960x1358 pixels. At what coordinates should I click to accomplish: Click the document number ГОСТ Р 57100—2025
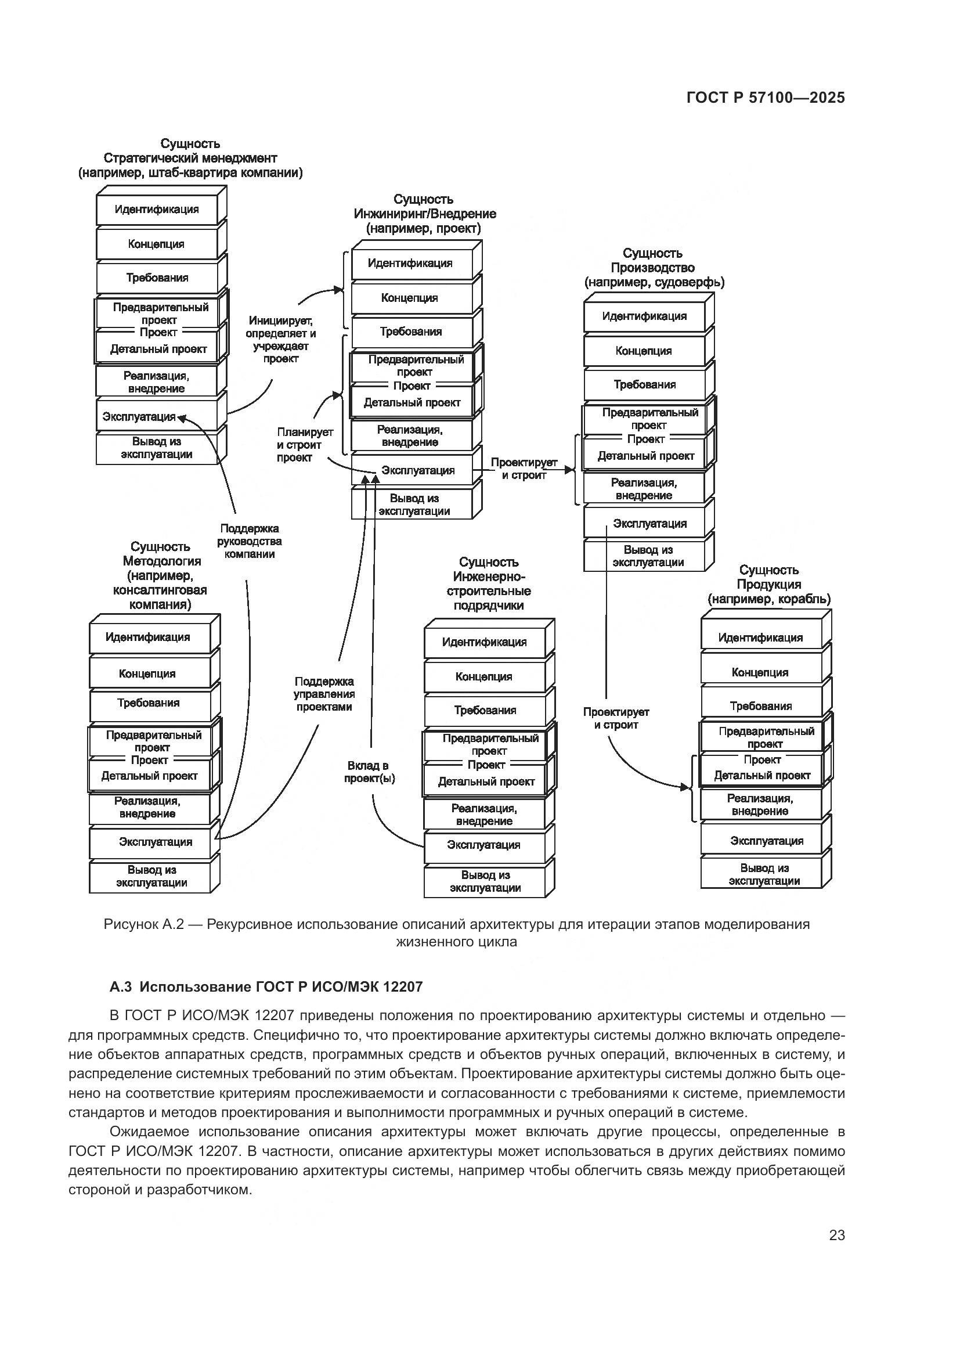coord(766,98)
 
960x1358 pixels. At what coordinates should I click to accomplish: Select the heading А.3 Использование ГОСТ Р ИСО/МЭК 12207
coord(266,986)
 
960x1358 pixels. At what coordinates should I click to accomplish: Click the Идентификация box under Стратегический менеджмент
coord(157,210)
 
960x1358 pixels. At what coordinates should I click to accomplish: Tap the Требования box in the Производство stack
coord(644,385)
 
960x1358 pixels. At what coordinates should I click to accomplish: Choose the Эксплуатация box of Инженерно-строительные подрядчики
coord(484,845)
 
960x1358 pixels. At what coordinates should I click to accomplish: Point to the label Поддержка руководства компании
coord(249,541)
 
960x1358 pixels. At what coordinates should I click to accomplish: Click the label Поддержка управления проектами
coord(324,694)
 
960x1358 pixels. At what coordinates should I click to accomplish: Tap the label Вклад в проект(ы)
coord(370,772)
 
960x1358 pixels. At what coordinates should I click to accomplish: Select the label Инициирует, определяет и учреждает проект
coord(281,340)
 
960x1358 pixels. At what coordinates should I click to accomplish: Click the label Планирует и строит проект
coord(303,445)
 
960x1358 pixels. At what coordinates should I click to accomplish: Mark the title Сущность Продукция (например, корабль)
coord(768,585)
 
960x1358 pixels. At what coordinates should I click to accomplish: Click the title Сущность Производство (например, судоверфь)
coord(654,268)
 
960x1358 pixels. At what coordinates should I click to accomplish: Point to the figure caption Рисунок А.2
coord(456,932)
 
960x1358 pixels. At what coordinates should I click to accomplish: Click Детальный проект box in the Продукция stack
coord(761,776)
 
